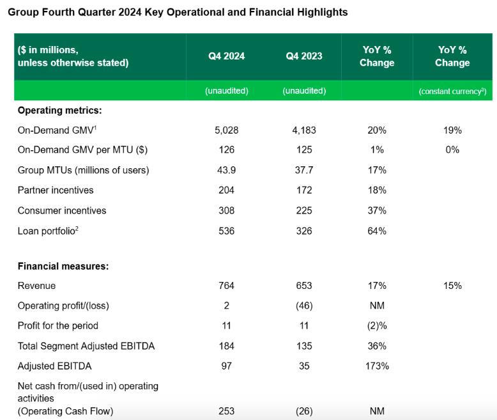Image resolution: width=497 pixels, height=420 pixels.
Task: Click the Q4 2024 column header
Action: [x=226, y=56]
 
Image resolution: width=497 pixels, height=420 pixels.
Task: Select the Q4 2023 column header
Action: [x=304, y=56]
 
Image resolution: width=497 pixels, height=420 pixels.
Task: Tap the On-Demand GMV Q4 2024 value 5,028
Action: [x=226, y=130]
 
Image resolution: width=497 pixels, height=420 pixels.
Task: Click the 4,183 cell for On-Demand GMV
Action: [x=304, y=130]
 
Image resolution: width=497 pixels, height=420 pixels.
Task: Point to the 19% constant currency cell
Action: [x=452, y=130]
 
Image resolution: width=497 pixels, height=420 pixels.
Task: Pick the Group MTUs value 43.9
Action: [x=226, y=170]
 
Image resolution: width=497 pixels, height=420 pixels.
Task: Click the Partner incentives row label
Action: [x=56, y=191]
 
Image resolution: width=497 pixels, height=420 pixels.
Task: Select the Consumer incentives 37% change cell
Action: [x=377, y=210]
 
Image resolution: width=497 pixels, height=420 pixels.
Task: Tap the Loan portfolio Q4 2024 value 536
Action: [x=226, y=231]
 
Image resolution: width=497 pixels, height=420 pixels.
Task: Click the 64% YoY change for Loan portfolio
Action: [x=377, y=231]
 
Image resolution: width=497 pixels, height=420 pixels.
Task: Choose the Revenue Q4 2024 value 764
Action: [x=226, y=286]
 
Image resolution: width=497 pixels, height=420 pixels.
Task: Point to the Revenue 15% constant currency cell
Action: [x=452, y=286]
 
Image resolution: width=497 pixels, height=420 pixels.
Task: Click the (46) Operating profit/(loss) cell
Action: [x=304, y=306]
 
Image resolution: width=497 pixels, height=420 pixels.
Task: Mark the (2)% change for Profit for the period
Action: [x=377, y=326]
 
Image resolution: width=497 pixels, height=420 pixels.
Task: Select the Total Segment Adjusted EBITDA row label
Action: [x=86, y=346]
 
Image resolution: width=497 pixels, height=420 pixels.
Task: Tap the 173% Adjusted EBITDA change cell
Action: [x=377, y=366]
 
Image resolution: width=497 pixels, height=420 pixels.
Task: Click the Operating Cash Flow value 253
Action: [x=226, y=411]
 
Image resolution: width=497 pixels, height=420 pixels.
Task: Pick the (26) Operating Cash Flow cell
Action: [x=304, y=411]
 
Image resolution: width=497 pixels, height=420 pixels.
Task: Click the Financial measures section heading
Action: [x=63, y=267]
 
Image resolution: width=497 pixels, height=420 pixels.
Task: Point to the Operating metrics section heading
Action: [x=59, y=111]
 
